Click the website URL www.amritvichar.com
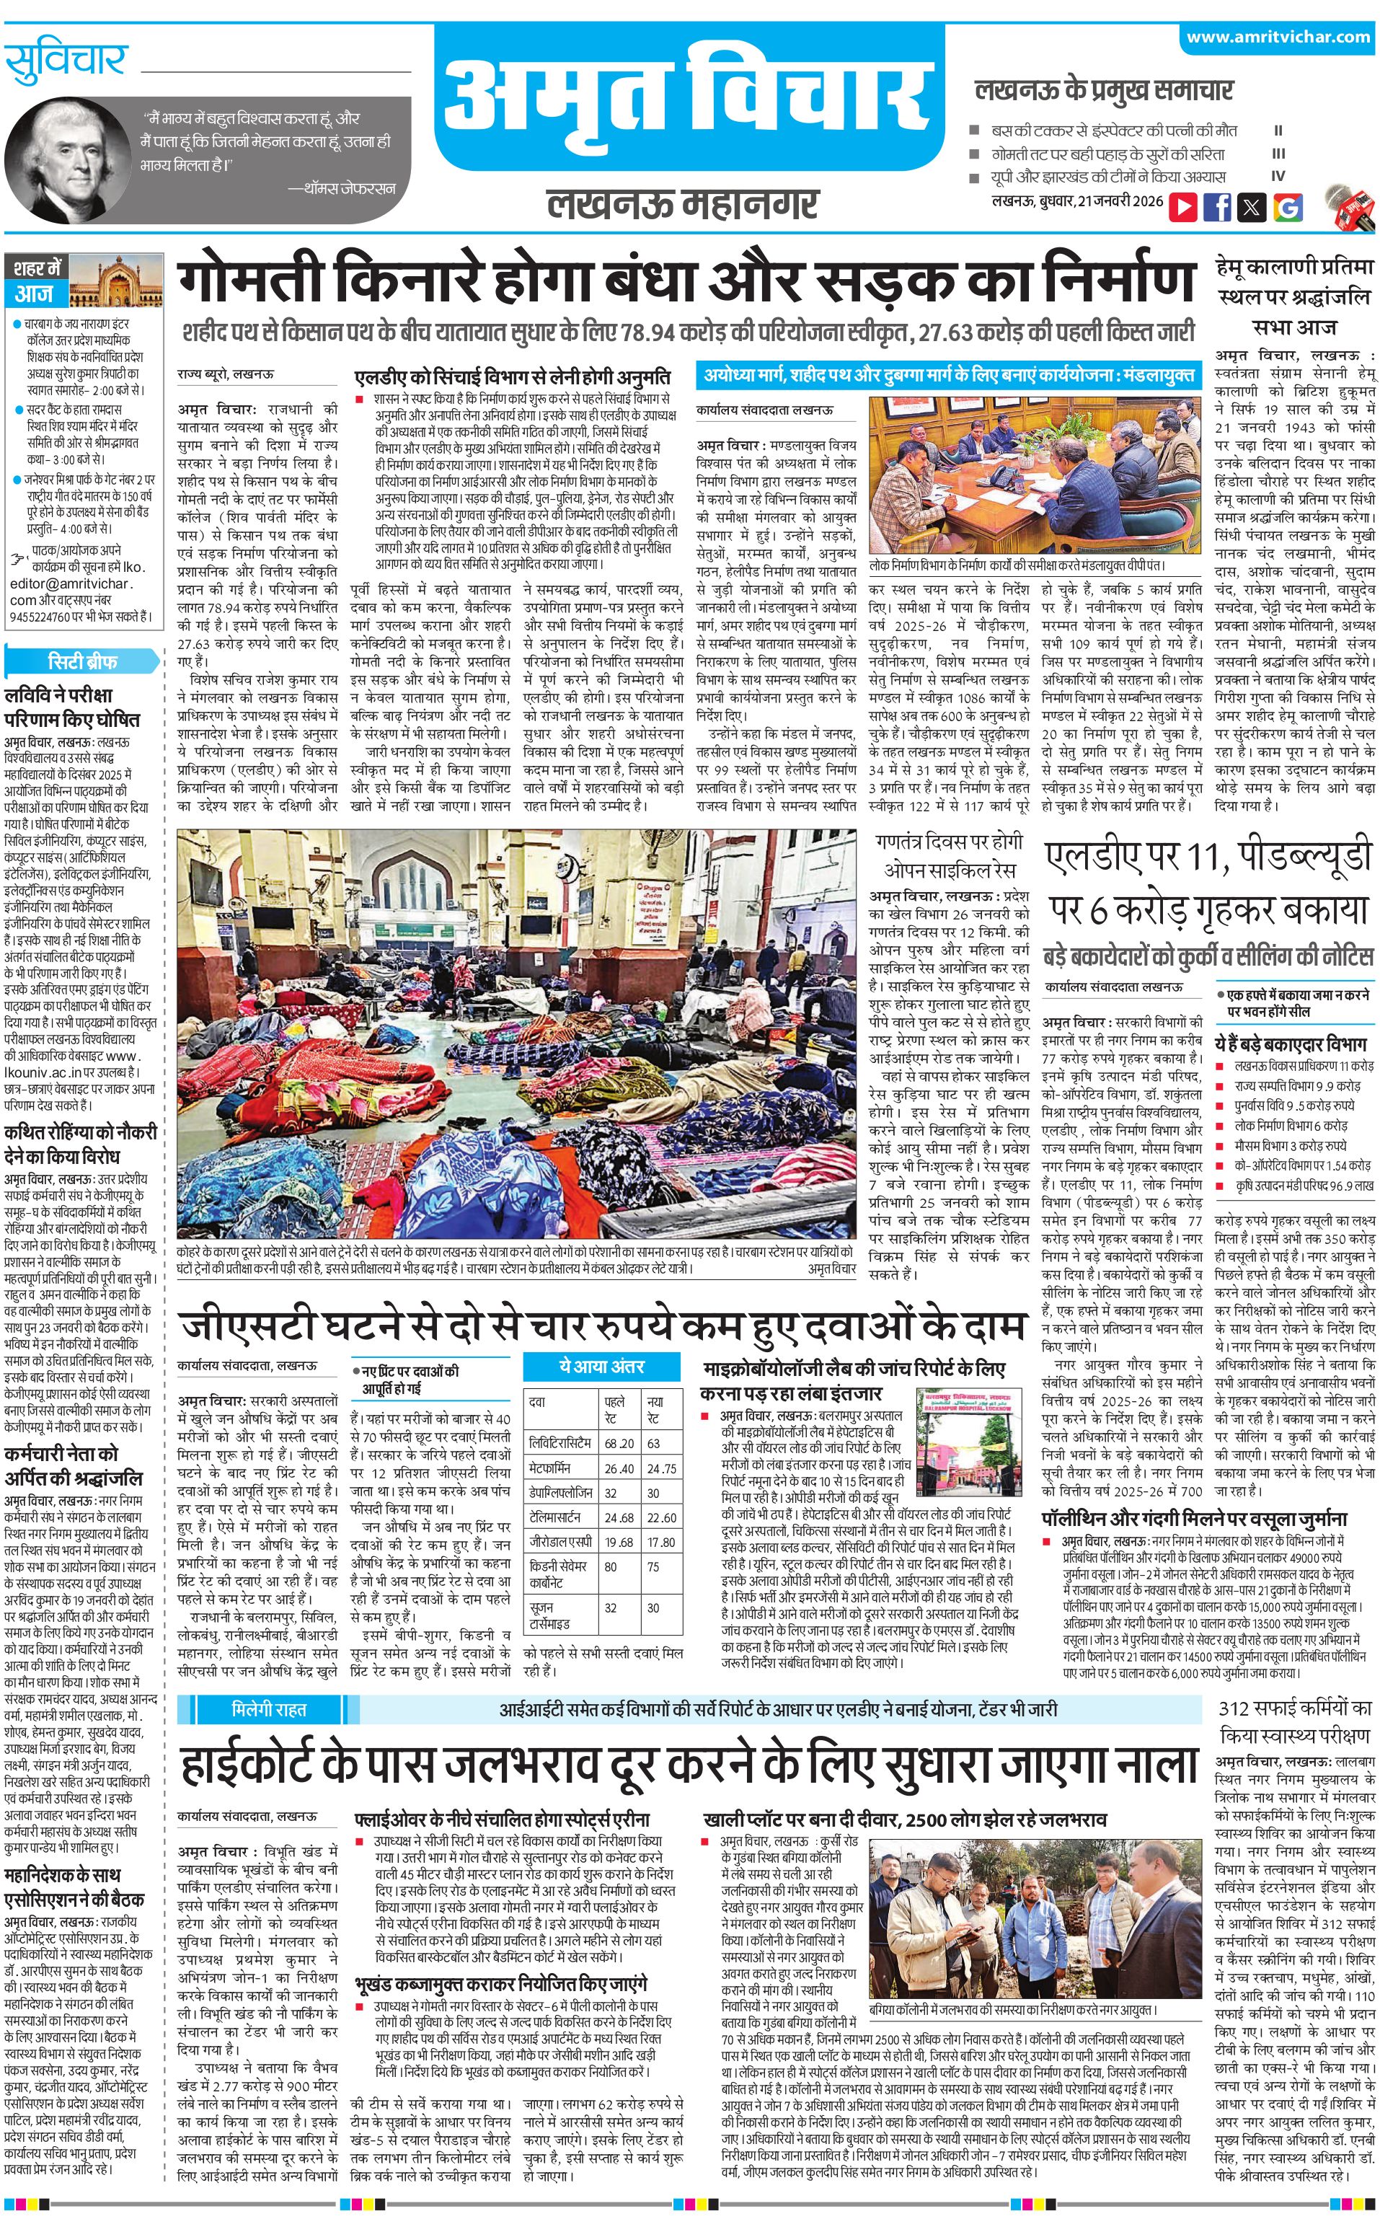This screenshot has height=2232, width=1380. [x=1277, y=37]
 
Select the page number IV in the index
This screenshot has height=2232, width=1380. [x=1278, y=177]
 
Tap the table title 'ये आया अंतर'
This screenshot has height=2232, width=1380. [x=601, y=1366]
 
